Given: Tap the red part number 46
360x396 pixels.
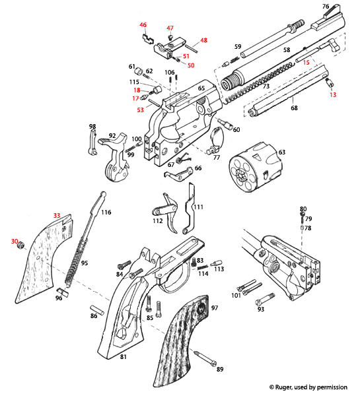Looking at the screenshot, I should point(143,25).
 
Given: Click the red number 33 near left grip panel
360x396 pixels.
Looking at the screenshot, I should point(57,216).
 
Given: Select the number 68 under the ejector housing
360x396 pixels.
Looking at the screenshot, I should point(294,108).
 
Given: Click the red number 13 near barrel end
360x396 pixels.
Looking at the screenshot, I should point(333,95).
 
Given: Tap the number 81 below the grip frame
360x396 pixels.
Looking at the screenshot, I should point(123,357).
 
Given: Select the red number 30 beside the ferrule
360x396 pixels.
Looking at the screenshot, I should point(14,242).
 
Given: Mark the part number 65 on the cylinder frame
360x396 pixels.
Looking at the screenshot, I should point(201,87).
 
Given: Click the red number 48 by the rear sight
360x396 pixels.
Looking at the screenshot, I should point(203,40).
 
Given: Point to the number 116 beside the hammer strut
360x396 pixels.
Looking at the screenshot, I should point(106,213).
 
